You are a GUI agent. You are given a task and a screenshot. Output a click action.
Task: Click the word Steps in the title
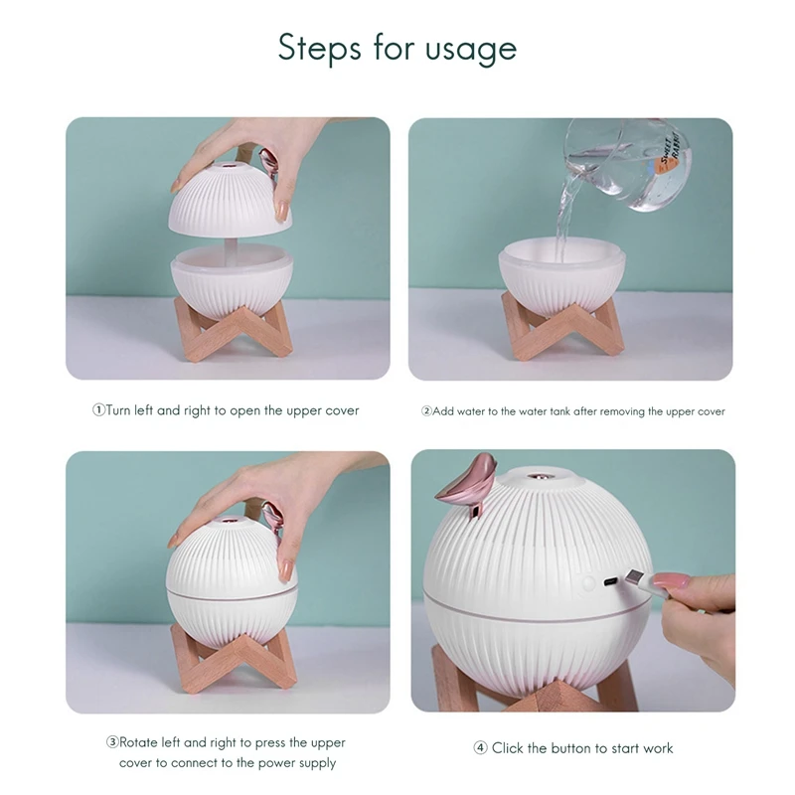point(319,47)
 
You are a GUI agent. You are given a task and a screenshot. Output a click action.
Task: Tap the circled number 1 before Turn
point(98,409)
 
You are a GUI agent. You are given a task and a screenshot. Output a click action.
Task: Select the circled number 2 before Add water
point(426,410)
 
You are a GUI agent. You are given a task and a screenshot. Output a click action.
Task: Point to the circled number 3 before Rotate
point(112,742)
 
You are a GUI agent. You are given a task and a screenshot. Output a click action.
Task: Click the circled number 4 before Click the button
point(480,748)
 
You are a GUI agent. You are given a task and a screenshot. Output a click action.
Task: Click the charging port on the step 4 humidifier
point(610,581)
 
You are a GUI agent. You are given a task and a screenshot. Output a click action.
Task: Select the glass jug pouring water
point(627,163)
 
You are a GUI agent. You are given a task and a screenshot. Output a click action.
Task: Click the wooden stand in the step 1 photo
point(233,329)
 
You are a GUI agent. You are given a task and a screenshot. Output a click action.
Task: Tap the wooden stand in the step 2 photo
point(562,327)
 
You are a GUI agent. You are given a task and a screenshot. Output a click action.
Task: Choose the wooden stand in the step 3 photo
point(234,661)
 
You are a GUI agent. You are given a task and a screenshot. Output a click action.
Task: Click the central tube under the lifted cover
point(231,252)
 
